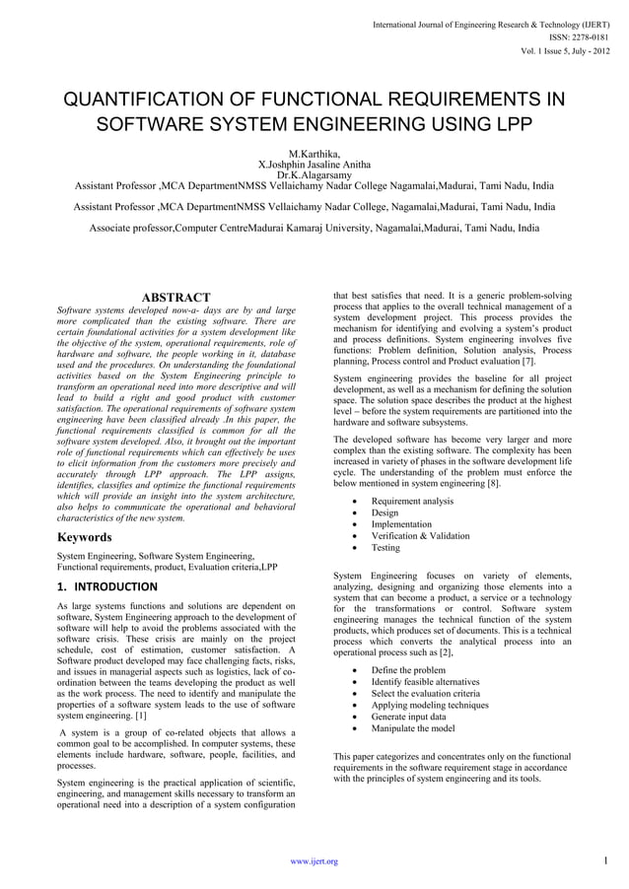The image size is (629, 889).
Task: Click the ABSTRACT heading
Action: click(176, 298)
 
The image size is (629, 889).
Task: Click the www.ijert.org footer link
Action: click(314, 861)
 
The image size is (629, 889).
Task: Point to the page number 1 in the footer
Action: click(603, 860)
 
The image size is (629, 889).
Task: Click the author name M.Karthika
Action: click(314, 153)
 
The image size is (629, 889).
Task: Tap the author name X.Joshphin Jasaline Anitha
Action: click(314, 164)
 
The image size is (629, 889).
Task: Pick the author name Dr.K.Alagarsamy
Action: click(314, 174)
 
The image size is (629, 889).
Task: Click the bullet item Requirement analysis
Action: click(412, 501)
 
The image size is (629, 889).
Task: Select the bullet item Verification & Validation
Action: click(420, 536)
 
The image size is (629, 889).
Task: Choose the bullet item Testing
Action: click(385, 548)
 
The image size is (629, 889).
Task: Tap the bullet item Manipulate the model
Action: click(413, 728)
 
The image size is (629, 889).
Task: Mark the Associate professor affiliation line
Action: click(314, 228)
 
